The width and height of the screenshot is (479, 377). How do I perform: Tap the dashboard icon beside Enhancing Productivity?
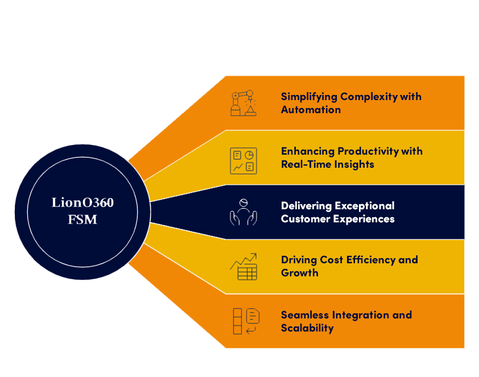(243, 160)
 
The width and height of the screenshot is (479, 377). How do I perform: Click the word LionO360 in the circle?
(82, 202)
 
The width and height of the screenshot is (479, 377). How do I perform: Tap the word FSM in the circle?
(82, 219)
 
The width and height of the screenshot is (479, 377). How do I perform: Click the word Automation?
(311, 110)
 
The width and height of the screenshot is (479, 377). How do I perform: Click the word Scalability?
(307, 328)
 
